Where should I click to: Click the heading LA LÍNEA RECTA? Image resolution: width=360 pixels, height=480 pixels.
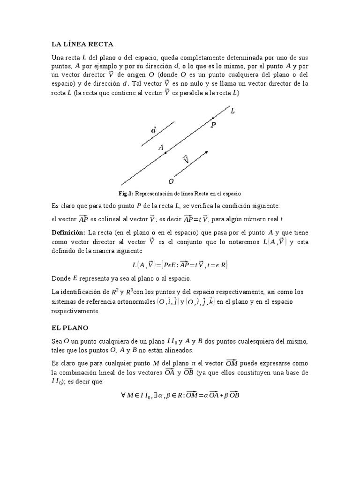coord(82,45)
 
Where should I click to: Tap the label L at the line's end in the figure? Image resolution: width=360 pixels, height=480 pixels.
coord(233,111)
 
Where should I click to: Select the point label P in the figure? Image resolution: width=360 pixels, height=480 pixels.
coord(213,125)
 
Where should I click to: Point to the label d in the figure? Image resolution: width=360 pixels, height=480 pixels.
coord(153,130)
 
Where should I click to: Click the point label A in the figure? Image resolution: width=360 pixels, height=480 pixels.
coord(161,147)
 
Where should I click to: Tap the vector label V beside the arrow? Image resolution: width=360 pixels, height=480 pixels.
coord(186,159)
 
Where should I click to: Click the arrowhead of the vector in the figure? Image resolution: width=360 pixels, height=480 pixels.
coord(206,152)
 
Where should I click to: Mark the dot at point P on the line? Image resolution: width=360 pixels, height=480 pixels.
coord(212,118)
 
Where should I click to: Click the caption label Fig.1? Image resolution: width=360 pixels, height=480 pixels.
coord(127,193)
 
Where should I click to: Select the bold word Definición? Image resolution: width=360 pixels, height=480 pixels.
coord(68,232)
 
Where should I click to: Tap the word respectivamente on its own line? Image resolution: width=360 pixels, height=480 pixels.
coord(75,311)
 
